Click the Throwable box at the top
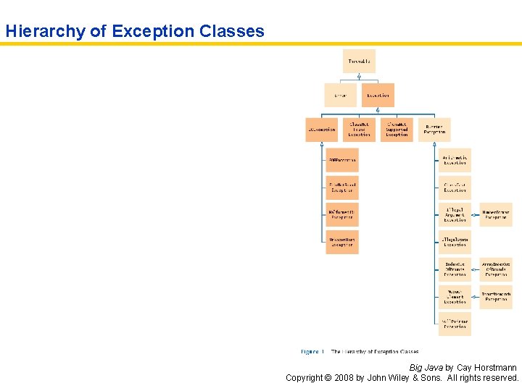359,62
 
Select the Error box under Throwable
340,96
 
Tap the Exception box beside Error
377,96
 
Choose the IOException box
322,130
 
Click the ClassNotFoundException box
359,130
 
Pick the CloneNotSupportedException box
397,130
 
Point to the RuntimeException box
434,130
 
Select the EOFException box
341,160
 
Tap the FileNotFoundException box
341,187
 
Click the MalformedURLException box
341,214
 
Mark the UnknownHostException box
341,242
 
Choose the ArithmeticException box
455,160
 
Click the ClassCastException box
455,187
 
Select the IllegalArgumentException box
455,214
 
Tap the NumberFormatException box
496,214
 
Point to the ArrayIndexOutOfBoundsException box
496,269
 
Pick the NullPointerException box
455,324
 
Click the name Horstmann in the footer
497,368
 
